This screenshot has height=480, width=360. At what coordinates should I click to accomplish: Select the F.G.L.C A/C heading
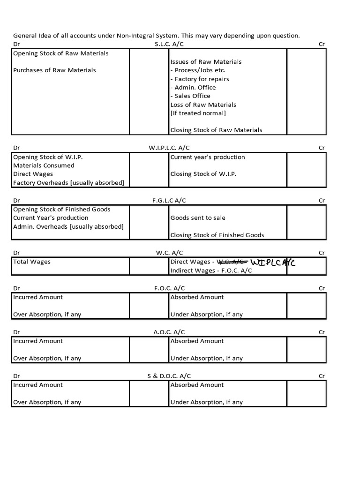pos(169,200)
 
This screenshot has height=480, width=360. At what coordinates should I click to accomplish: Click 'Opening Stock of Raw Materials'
pos(60,53)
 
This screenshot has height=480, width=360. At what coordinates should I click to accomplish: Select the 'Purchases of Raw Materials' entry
pos(54,70)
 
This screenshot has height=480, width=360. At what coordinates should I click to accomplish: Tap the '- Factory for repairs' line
pos(200,79)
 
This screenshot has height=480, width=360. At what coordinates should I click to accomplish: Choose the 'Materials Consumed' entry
pos(44,165)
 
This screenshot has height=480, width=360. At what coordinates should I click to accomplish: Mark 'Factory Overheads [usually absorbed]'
pos(68,183)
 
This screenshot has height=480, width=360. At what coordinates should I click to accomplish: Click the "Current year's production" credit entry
pos(208,157)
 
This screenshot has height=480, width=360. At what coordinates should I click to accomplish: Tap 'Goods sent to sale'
pos(198,218)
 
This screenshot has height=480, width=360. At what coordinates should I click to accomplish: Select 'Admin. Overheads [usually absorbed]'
pos(68,226)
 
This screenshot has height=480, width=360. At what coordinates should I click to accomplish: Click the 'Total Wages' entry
pos(31,262)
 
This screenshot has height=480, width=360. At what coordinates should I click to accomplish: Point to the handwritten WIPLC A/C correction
pos(273,262)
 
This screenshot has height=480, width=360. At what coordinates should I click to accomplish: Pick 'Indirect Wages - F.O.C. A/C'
pos(211,270)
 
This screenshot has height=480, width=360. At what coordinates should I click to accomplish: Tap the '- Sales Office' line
pos(190,96)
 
